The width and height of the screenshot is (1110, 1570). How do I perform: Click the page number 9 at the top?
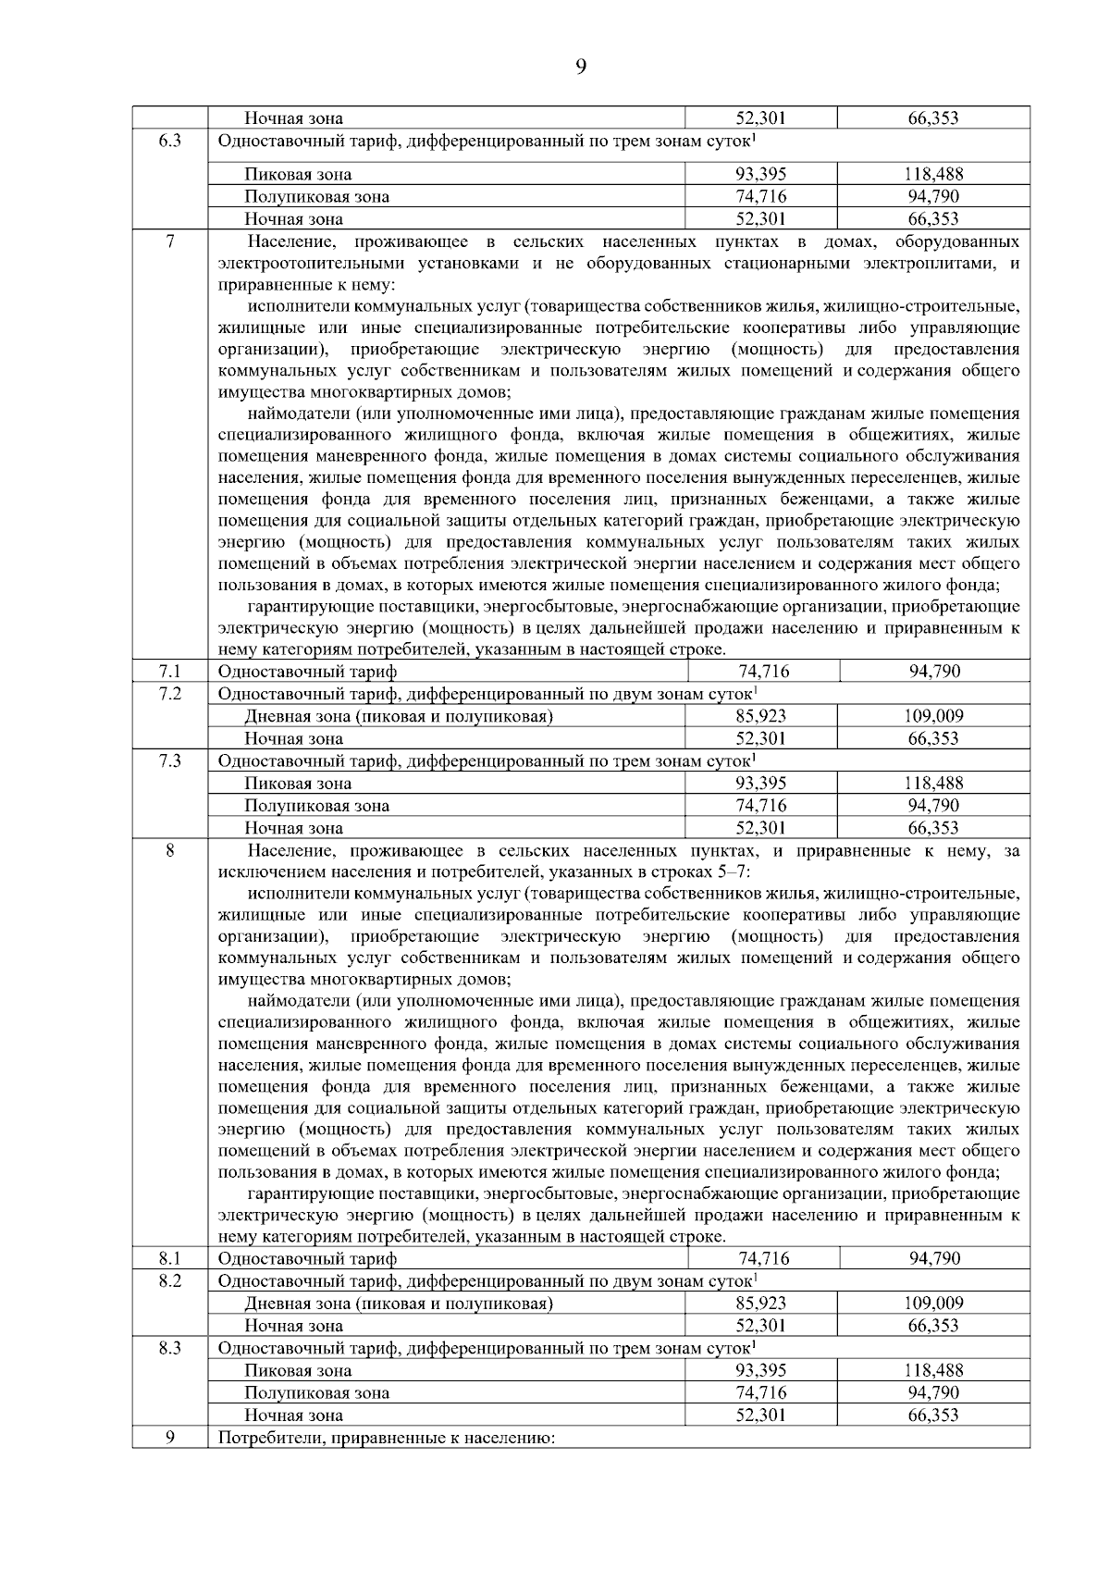pyautogui.click(x=580, y=66)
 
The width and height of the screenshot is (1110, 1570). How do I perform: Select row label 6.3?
pyautogui.click(x=169, y=141)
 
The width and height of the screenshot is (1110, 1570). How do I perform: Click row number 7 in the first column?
pyautogui.click(x=169, y=241)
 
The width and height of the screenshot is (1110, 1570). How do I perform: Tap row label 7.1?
pyautogui.click(x=169, y=671)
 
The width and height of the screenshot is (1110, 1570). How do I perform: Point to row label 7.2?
pyautogui.click(x=169, y=693)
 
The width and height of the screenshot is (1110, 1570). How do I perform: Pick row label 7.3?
pyautogui.click(x=169, y=760)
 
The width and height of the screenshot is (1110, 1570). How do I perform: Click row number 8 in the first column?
pyautogui.click(x=169, y=850)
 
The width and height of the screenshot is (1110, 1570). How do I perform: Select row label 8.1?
pyautogui.click(x=169, y=1257)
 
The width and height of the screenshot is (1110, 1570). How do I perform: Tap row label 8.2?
pyautogui.click(x=169, y=1279)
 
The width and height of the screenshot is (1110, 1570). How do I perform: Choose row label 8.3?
pyautogui.click(x=169, y=1348)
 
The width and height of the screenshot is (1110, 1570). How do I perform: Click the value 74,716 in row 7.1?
pyautogui.click(x=763, y=672)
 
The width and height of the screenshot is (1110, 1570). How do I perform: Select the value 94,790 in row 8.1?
pyautogui.click(x=934, y=1258)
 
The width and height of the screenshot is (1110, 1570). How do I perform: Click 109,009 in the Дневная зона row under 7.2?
pyautogui.click(x=933, y=716)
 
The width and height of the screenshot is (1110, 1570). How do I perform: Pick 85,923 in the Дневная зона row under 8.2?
pyautogui.click(x=761, y=1304)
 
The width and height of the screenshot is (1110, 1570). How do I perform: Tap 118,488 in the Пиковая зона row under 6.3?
pyautogui.click(x=933, y=174)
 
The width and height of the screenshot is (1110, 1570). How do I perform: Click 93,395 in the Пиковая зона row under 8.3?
pyautogui.click(x=761, y=1371)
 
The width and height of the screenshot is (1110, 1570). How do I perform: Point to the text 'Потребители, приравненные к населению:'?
pyautogui.click(x=386, y=1439)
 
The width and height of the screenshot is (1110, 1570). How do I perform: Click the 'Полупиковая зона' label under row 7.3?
pyautogui.click(x=316, y=806)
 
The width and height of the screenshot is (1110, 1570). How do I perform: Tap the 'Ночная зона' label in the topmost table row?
pyautogui.click(x=293, y=118)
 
